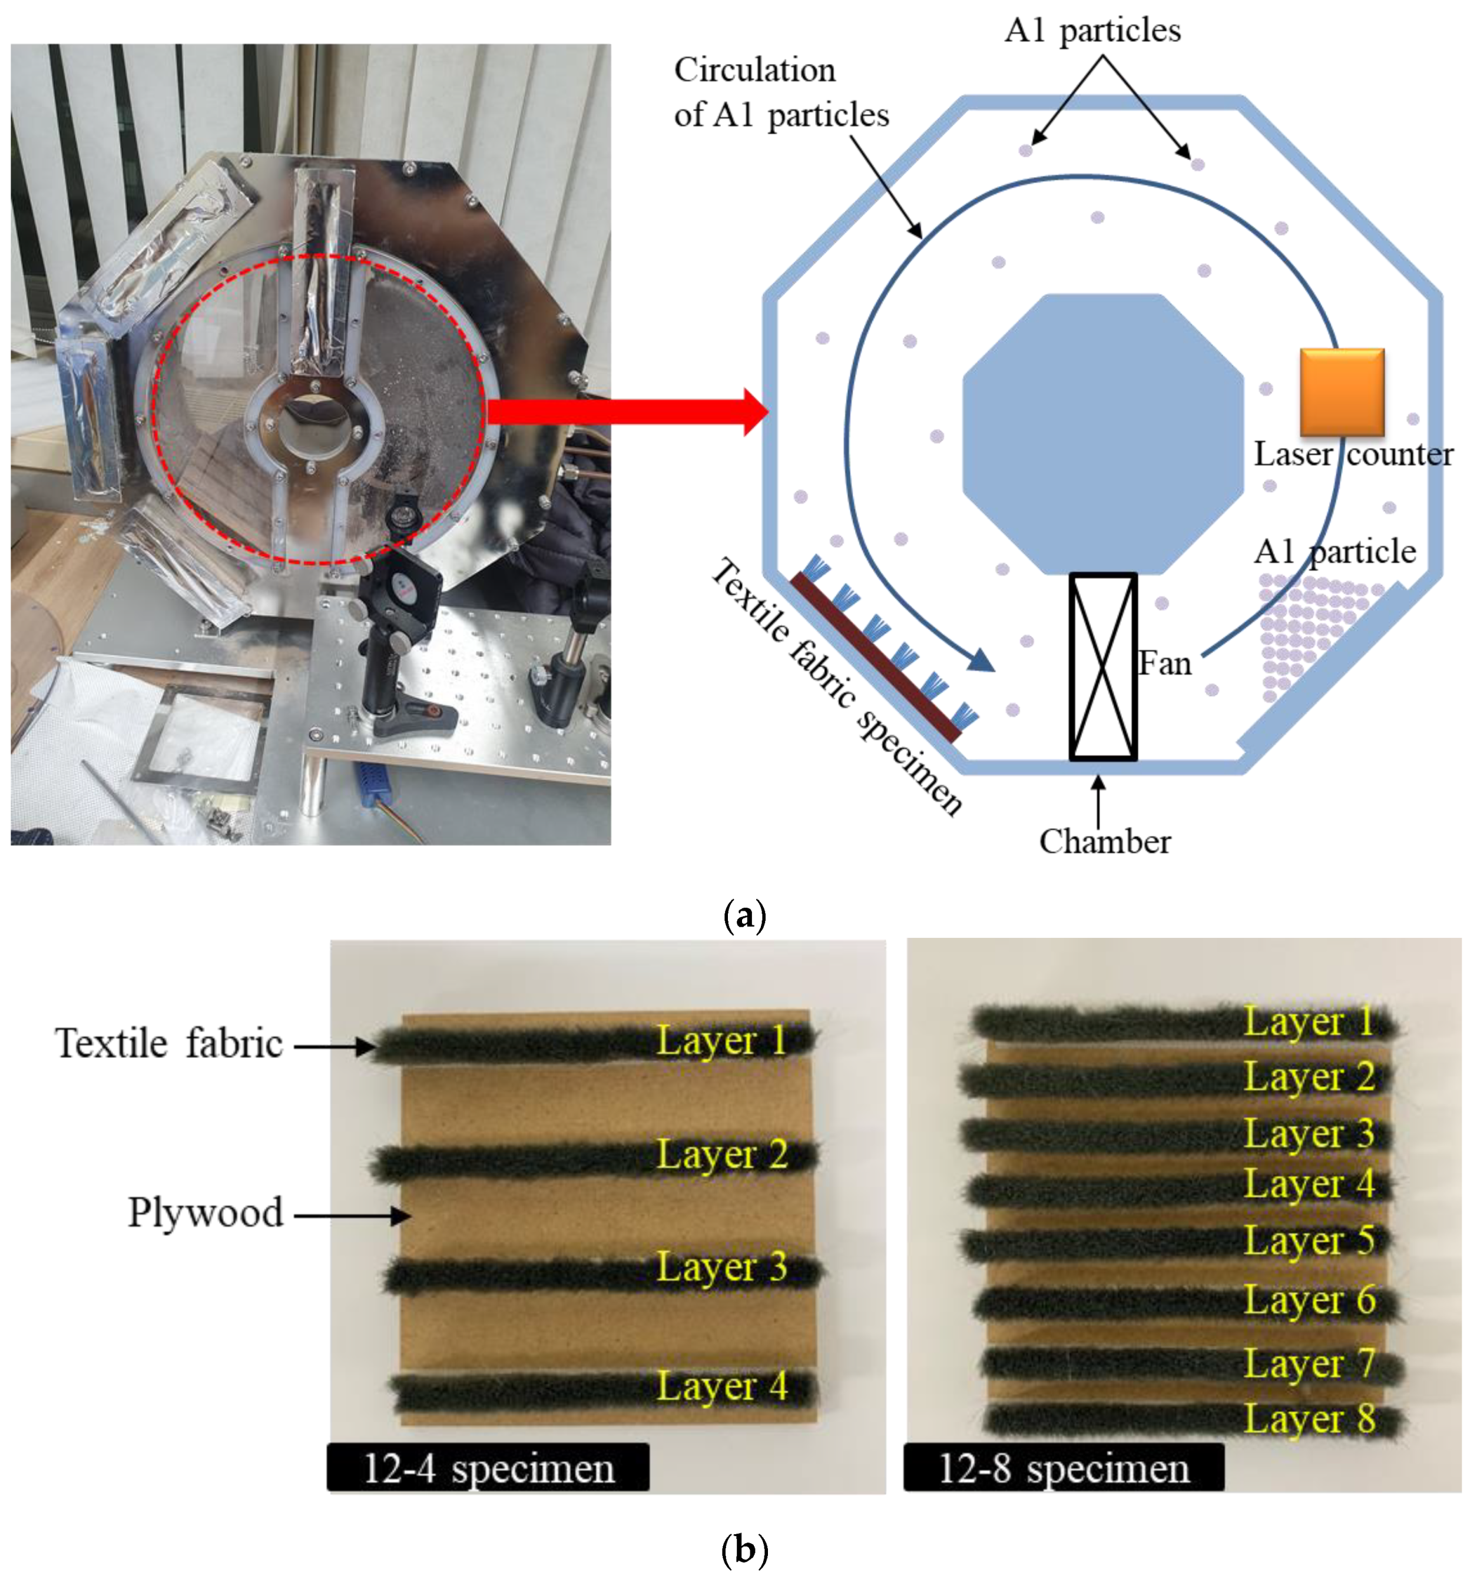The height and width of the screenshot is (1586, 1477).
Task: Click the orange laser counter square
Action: [1342, 391]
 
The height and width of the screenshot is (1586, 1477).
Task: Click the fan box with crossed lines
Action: [1103, 666]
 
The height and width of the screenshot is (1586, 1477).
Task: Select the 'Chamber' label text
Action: [1104, 842]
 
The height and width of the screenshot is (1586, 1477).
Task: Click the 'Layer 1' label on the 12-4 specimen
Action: [721, 1040]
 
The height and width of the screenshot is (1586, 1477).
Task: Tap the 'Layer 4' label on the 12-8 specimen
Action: [1309, 1184]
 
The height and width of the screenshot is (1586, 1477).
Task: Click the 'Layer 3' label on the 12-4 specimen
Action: [721, 1267]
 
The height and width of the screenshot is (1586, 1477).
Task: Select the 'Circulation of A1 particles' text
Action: [780, 92]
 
